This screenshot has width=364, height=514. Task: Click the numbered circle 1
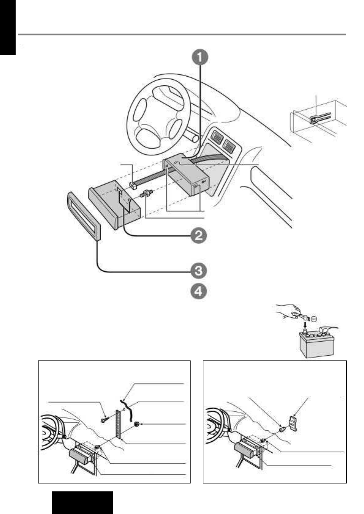point(199,58)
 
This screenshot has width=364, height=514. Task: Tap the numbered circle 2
point(199,236)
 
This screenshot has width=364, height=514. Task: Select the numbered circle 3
point(199,270)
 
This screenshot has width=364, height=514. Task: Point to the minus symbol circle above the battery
point(314,318)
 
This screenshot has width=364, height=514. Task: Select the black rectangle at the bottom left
point(82,502)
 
